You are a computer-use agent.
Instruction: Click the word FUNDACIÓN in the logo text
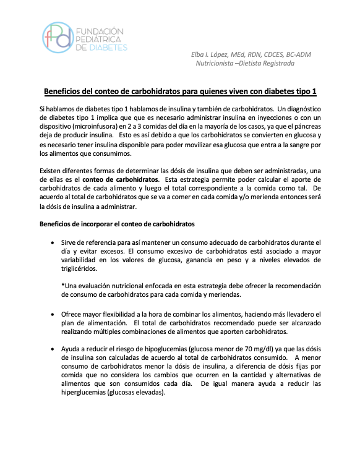[100, 30]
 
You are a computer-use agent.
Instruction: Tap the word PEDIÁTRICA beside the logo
[99, 38]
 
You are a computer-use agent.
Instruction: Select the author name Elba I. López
[214, 54]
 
